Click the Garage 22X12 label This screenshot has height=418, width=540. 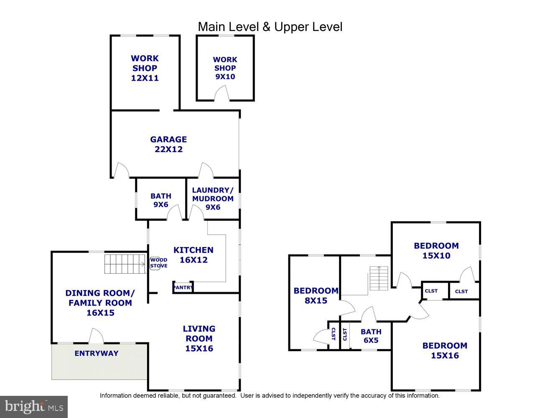click(x=168, y=144)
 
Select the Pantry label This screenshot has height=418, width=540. click(x=183, y=288)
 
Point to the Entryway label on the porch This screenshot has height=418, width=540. click(x=97, y=353)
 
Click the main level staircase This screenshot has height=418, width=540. click(x=125, y=264)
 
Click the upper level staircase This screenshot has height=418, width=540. click(x=379, y=278)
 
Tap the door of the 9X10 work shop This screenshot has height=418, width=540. click(x=222, y=94)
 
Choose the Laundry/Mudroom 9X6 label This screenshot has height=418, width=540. click(x=213, y=199)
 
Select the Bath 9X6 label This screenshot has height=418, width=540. click(x=161, y=200)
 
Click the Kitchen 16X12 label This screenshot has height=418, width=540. click(x=194, y=255)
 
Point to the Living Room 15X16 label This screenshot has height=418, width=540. click(x=199, y=338)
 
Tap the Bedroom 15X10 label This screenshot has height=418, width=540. click(x=436, y=250)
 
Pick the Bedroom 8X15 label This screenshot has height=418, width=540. click(x=316, y=296)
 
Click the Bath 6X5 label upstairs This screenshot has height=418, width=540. click(x=371, y=336)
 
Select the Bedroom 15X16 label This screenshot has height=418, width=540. click(x=445, y=350)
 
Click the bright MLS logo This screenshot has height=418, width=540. click(x=34, y=407)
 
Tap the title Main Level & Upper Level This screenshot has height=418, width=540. click(x=270, y=27)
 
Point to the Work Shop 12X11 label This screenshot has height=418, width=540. click(x=145, y=68)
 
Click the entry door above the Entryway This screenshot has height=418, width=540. click(x=96, y=336)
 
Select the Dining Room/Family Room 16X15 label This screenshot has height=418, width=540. click(x=100, y=303)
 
